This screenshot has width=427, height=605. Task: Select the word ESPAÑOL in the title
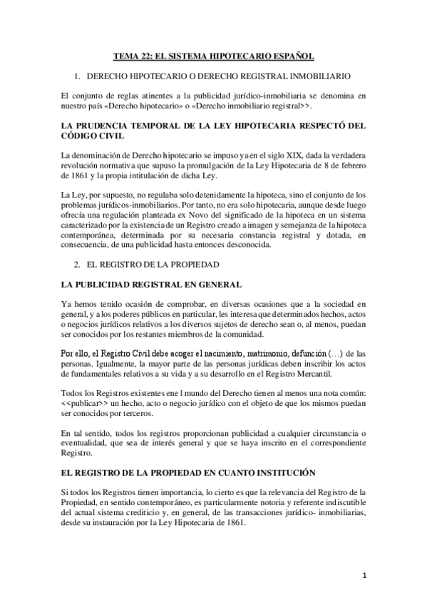pos(289,55)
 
